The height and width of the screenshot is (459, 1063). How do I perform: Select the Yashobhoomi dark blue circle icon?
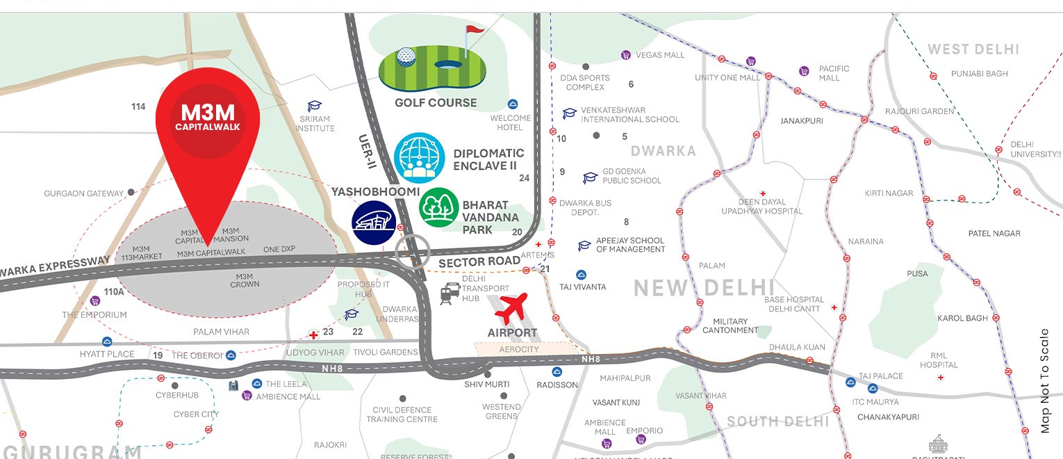[373, 223]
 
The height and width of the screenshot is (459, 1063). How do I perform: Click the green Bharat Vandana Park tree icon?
[438, 207]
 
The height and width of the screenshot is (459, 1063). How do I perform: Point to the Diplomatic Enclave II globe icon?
[419, 158]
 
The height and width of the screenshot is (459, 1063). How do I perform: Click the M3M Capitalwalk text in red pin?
[208, 118]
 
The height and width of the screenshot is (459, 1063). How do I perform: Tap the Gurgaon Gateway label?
[83, 193]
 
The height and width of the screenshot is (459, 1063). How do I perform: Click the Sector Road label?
[479, 261]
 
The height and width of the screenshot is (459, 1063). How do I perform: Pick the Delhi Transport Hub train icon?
[448, 294]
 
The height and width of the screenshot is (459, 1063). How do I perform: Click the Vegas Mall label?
[660, 55]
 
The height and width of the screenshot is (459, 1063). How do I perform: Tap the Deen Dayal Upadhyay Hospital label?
[761, 207]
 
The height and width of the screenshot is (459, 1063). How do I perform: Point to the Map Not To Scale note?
[1046, 381]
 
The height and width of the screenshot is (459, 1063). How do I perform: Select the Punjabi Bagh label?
[979, 74]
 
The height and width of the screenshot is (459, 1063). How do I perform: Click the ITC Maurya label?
[875, 402]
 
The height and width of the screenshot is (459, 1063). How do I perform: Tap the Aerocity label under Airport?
[519, 349]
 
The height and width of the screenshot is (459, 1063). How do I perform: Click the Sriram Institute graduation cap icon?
[315, 106]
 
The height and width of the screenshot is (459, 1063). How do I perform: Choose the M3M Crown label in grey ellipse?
[245, 280]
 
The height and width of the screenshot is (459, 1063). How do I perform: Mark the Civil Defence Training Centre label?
[402, 414]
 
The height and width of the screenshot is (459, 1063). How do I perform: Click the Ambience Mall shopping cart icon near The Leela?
[246, 396]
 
